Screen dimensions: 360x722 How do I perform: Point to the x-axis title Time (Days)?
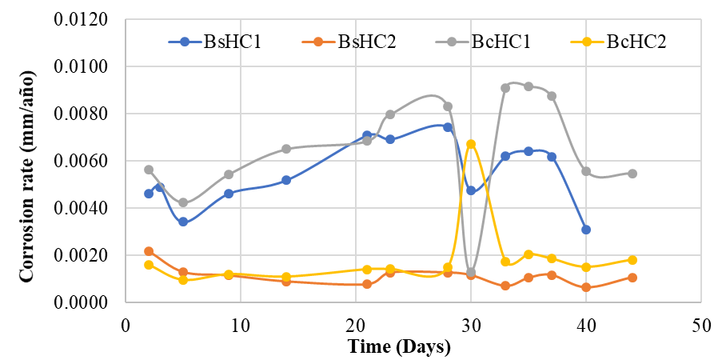pyautogui.click(x=399, y=347)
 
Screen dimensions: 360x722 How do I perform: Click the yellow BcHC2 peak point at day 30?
pyautogui.click(x=471, y=144)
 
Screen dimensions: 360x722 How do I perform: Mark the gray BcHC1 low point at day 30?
pyautogui.click(x=471, y=273)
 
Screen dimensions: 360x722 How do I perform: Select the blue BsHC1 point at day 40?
pyautogui.click(x=586, y=230)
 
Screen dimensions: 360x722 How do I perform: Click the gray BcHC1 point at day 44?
pyautogui.click(x=632, y=174)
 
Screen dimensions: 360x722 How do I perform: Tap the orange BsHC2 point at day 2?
pyautogui.click(x=149, y=251)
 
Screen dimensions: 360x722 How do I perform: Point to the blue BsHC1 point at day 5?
pyautogui.click(x=183, y=222)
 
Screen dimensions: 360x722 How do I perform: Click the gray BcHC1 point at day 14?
pyautogui.click(x=286, y=149)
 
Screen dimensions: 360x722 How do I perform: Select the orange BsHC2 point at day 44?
pyautogui.click(x=632, y=278)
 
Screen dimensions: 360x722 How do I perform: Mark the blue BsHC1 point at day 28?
pyautogui.click(x=448, y=127)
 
